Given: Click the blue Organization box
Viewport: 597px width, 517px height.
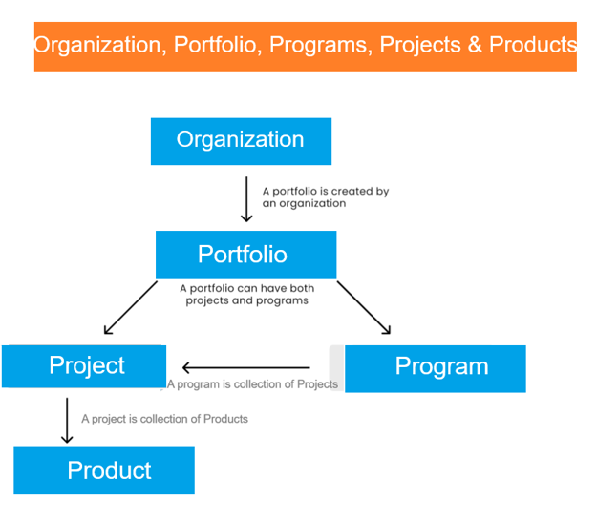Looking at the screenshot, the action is point(241,141).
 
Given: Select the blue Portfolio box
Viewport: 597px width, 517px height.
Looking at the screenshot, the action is point(245,255).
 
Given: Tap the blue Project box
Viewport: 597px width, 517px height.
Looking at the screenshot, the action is point(84,366).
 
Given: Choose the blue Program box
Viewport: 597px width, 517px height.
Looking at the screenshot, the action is point(436,369).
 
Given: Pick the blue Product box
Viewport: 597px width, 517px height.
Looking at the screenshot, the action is point(104,470).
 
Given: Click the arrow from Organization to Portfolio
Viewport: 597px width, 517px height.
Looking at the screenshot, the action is point(246,199).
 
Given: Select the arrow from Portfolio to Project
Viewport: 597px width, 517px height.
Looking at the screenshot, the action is point(131,307).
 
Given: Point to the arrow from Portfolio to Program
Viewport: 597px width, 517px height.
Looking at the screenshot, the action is point(364,307).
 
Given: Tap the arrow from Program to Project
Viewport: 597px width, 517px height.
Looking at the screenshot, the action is point(245,367).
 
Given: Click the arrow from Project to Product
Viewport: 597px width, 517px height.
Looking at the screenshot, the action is point(67,421).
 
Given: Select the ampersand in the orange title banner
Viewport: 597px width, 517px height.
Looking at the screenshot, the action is point(475,45).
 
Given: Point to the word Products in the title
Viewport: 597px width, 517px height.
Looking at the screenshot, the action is point(533,45).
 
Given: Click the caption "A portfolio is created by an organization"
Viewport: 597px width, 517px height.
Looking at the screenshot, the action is point(326,197).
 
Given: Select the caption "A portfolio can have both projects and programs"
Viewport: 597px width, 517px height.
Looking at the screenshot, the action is point(247,294).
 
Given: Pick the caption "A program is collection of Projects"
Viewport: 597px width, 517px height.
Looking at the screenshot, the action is point(252,384).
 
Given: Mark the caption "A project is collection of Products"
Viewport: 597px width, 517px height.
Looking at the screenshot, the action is point(164,419).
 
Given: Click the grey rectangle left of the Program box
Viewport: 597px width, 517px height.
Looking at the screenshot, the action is point(337,368).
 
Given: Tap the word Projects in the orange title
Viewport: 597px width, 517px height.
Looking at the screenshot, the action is point(420,45).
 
